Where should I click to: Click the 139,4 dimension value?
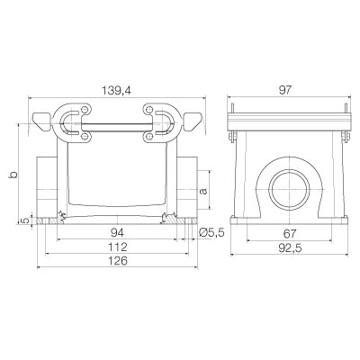click(x=116, y=90)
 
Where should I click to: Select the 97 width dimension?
click(x=285, y=90)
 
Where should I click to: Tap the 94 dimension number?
click(x=118, y=233)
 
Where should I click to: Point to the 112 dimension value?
click(x=118, y=247)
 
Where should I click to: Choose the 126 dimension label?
click(x=118, y=261)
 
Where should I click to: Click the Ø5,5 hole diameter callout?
click(x=211, y=232)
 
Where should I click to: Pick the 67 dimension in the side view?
click(x=289, y=233)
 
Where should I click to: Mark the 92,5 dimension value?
click(x=289, y=248)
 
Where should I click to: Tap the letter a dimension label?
click(x=203, y=191)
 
